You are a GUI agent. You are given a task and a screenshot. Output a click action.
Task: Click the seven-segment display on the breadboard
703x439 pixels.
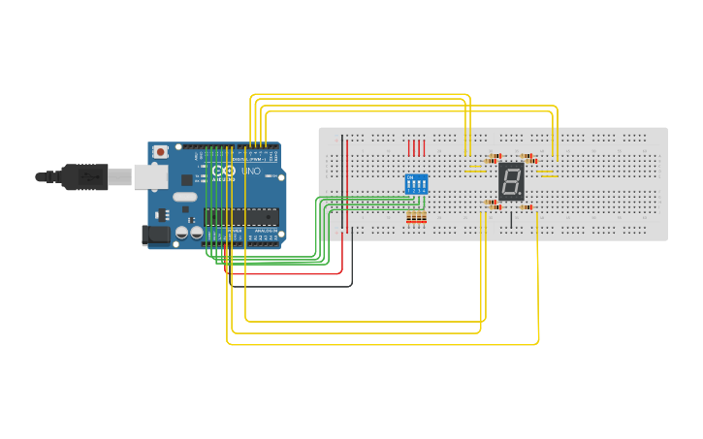click(x=511, y=181)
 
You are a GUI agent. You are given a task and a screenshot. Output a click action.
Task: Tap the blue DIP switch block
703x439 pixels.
click(x=416, y=184)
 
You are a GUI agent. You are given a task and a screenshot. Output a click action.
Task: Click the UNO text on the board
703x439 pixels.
click(x=250, y=172)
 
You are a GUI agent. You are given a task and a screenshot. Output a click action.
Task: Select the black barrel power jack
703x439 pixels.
click(x=155, y=235)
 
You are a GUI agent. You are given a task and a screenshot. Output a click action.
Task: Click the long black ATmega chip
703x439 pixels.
click(x=241, y=216)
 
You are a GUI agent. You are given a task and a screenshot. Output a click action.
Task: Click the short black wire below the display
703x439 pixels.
click(x=511, y=219)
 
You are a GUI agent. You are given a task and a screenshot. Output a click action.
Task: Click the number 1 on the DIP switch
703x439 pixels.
click(x=409, y=192)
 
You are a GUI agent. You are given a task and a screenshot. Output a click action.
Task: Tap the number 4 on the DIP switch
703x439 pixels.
click(x=425, y=192)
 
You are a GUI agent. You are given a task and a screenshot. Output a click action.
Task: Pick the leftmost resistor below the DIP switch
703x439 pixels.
click(x=409, y=217)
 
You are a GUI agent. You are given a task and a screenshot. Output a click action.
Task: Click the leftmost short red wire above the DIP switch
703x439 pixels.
click(x=409, y=147)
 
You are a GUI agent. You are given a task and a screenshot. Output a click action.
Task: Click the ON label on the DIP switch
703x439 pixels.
click(x=410, y=177)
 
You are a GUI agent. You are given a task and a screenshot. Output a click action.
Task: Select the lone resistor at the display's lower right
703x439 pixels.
click(x=526, y=206)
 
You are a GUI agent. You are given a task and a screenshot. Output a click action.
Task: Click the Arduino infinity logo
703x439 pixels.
click(x=222, y=172)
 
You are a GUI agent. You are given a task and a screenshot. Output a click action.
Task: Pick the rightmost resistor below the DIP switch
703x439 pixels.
click(x=424, y=217)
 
